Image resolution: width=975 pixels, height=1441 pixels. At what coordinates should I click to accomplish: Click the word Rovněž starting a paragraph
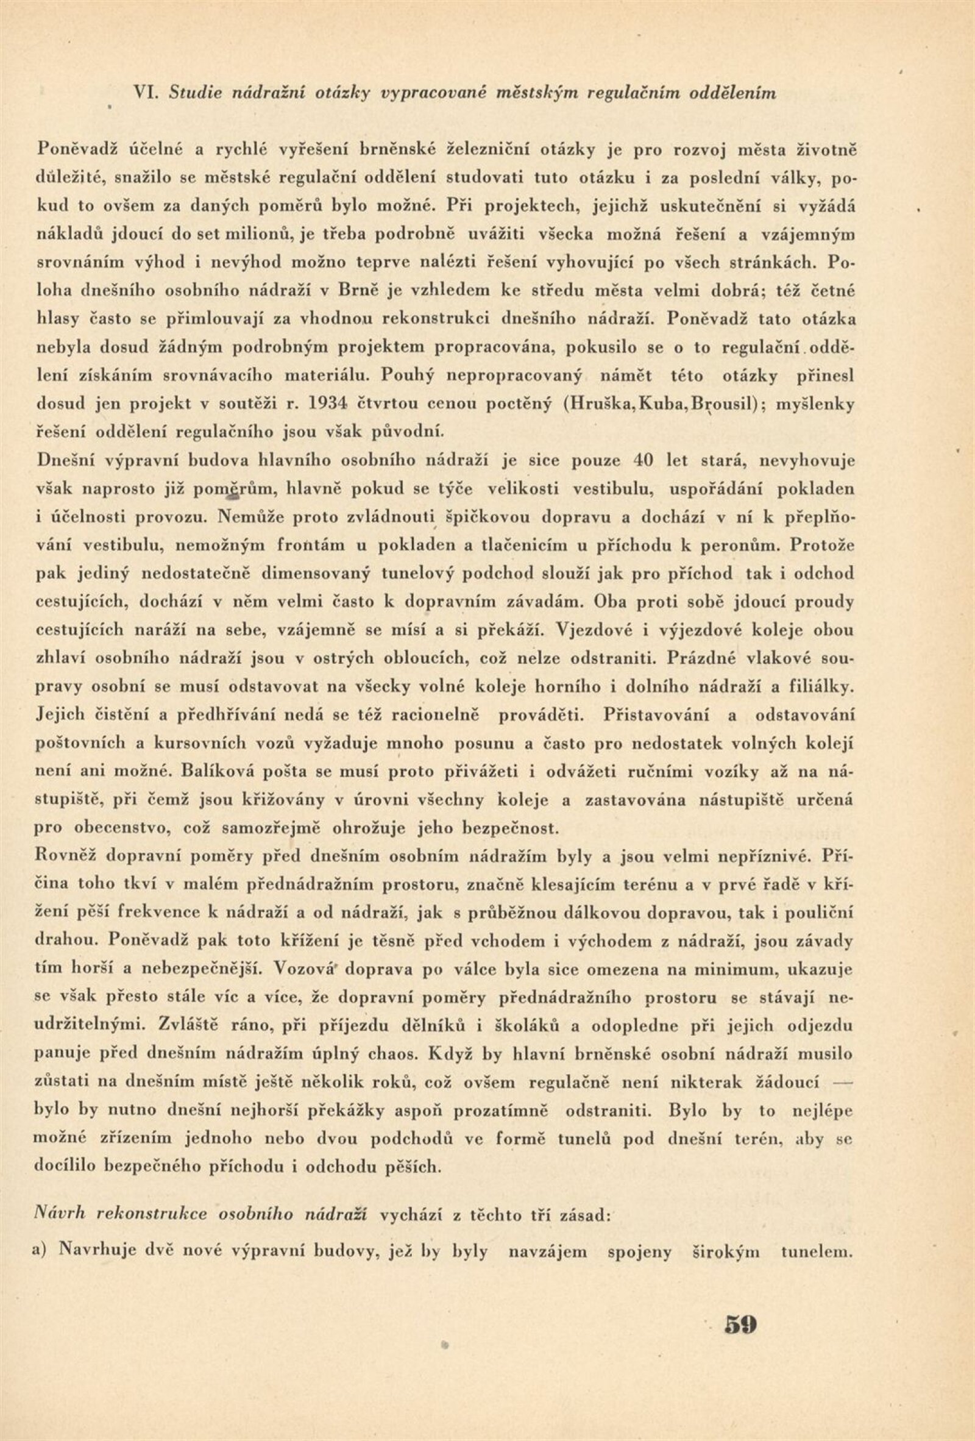(x=69, y=858)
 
